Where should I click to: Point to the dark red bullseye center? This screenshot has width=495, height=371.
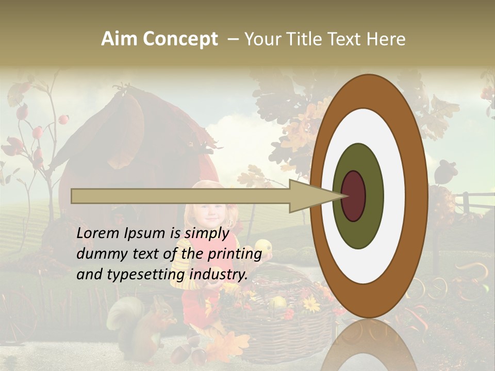pyautogui.click(x=353, y=196)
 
